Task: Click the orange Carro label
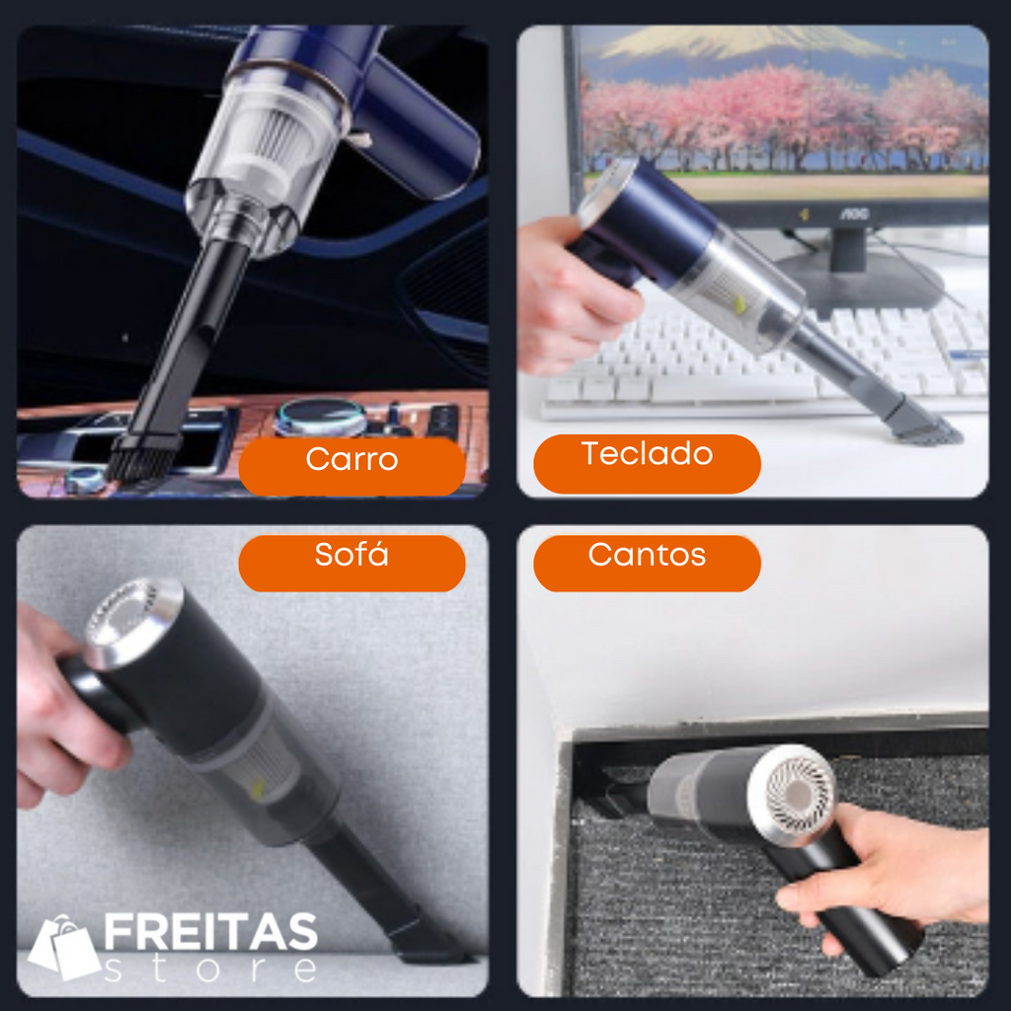[352, 466]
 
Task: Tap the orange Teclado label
[647, 464]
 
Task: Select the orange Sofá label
[351, 563]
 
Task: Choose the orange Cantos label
[647, 563]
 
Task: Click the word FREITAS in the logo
[211, 932]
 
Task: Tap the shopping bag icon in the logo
[64, 947]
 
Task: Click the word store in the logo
[211, 969]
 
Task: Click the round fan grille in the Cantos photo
[793, 793]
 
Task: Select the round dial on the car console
[320, 418]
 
